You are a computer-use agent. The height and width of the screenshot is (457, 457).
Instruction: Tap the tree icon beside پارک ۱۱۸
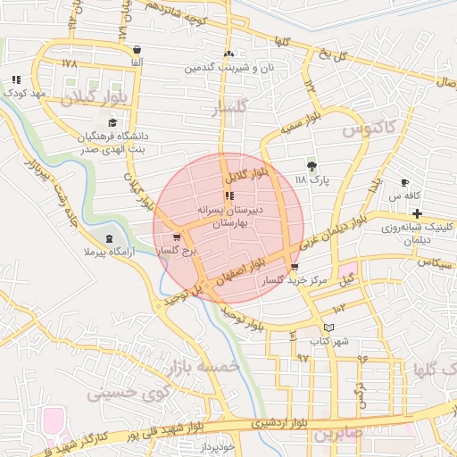click(312, 166)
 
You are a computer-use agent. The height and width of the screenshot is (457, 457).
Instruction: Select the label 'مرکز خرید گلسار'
click(294, 280)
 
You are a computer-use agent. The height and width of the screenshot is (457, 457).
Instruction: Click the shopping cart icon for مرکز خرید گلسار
click(295, 267)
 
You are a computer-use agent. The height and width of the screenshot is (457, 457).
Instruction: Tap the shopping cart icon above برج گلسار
click(177, 237)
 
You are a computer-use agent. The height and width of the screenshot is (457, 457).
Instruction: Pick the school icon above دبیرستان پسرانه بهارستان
click(229, 195)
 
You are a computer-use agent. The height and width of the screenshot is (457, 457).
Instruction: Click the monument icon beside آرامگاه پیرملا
click(109, 238)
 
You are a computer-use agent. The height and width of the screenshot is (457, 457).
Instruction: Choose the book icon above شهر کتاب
click(328, 328)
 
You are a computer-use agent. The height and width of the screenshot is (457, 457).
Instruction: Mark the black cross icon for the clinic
click(417, 212)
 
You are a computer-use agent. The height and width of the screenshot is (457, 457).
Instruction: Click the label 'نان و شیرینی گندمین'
click(228, 68)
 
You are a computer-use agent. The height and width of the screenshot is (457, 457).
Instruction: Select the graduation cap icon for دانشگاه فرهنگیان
click(112, 123)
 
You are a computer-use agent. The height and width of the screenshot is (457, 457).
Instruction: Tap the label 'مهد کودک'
click(24, 92)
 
